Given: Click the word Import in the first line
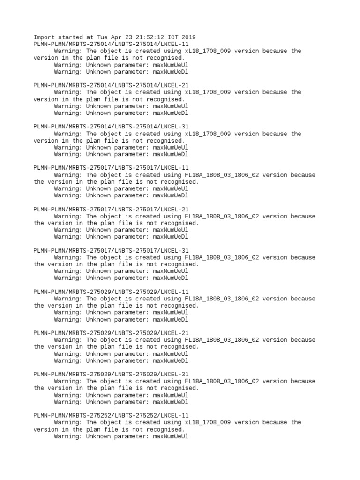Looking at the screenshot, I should point(44,37).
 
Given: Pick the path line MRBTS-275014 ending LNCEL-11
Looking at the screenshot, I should point(112,44).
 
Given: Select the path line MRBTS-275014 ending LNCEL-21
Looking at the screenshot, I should point(112,85).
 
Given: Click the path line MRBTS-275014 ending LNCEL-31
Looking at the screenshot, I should point(112,127).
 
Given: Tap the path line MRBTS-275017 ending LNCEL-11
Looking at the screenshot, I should point(112,168).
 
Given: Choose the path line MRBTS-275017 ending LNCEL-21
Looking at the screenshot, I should point(112,209).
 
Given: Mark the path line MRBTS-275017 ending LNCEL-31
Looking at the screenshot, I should point(112,250).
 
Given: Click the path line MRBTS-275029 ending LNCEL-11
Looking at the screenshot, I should point(112,292).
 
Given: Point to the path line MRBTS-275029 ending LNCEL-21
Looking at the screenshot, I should point(112,333).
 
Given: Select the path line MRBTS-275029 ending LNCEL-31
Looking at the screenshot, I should point(112,374).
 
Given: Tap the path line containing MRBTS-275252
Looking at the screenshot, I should point(112,415).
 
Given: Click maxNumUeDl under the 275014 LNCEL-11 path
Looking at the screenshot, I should point(171,72).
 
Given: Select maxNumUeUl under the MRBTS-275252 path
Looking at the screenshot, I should point(171,436).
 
